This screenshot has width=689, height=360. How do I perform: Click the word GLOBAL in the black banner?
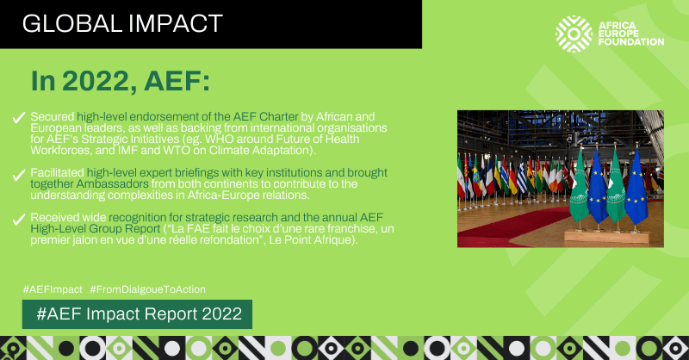tap(72, 24)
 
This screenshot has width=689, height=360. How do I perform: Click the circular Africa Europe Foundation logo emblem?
tap(574, 34)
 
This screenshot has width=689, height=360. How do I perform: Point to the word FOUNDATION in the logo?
tap(631, 42)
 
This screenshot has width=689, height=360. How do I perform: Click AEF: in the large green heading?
tap(177, 81)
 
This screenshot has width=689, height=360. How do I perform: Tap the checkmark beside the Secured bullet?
tap(19, 117)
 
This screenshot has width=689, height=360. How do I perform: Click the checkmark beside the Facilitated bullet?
tap(19, 175)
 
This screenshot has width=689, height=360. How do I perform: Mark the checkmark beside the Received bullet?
tap(19, 220)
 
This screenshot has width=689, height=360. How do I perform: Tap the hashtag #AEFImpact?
tap(53, 289)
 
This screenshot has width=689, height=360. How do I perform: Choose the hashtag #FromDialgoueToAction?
tap(147, 289)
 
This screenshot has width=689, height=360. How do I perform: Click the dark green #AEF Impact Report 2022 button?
tap(137, 314)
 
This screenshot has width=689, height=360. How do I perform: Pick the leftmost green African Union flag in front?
tap(579, 187)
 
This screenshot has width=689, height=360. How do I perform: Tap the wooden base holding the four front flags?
tap(606, 237)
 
